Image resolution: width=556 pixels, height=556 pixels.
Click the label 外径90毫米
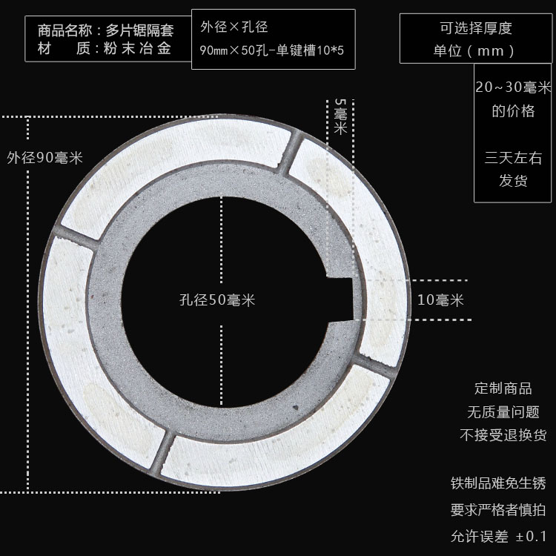(44, 158)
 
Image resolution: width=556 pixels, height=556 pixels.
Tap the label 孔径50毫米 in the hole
(217, 300)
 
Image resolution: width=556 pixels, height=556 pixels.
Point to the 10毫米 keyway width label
(440, 300)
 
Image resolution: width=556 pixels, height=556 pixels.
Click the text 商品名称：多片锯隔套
(105, 31)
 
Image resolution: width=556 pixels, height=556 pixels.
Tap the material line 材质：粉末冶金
(105, 49)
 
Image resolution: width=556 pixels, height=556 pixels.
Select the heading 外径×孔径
(234, 27)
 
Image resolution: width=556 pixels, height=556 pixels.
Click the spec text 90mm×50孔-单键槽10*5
(272, 52)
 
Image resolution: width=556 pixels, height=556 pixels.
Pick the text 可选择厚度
(476, 29)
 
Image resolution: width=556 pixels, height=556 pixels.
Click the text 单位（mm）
(476, 51)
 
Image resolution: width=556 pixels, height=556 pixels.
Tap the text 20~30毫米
(513, 87)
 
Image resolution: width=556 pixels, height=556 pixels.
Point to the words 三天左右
(513, 157)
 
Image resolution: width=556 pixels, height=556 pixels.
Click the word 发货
(513, 181)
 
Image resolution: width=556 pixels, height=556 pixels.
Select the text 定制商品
(503, 388)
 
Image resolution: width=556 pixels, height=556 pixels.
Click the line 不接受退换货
(503, 435)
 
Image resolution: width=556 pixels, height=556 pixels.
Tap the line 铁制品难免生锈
(498, 483)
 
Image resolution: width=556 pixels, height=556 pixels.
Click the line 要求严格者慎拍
(498, 510)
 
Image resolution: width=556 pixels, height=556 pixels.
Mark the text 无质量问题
(503, 412)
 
